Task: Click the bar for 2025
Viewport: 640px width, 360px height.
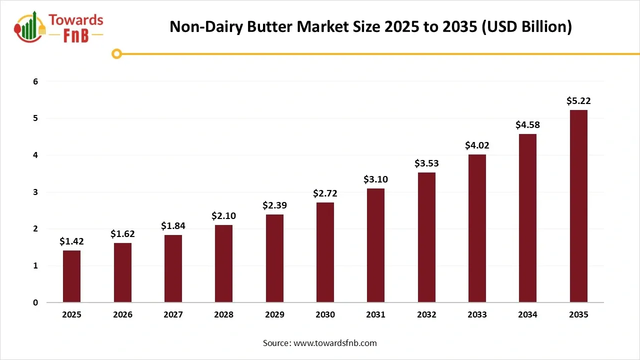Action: (71, 276)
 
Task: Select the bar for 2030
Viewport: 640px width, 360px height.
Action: (325, 252)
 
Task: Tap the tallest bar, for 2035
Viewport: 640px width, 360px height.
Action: (578, 206)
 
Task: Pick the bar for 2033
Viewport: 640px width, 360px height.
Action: (477, 228)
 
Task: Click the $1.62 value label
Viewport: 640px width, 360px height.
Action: (122, 233)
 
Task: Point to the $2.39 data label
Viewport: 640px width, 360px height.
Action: (274, 205)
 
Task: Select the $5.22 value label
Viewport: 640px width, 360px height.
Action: (578, 100)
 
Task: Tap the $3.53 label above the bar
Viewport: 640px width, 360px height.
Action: (426, 163)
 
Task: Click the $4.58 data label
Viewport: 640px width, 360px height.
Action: (527, 124)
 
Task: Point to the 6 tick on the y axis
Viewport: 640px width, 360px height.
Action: (35, 81)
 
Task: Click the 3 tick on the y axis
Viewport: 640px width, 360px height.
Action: (35, 192)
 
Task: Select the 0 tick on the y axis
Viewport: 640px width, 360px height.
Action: (35, 302)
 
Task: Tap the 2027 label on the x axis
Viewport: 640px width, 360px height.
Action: (173, 315)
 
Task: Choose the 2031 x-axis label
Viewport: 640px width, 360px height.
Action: (376, 315)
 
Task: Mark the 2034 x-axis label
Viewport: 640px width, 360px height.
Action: (527, 315)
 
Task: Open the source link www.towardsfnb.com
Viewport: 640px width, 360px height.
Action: (334, 343)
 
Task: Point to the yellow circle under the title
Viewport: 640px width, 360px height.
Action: (116, 53)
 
